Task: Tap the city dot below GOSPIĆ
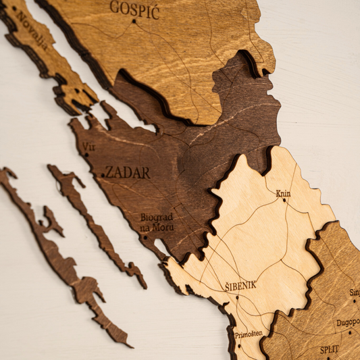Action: coord(134,22)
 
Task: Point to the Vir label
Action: coord(88,146)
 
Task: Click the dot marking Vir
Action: coord(86,155)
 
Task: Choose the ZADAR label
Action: coord(128,172)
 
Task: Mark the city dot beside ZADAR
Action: coord(103,175)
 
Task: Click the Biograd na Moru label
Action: coord(156,222)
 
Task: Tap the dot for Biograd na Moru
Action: coord(145,236)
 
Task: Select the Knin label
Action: coord(283,193)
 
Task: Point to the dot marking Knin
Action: coord(284,200)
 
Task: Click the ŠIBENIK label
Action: coord(240,286)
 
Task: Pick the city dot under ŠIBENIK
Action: coord(237,297)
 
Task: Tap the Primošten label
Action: coord(249,334)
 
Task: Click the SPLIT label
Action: coord(330,351)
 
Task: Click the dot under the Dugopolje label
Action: coord(349,332)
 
